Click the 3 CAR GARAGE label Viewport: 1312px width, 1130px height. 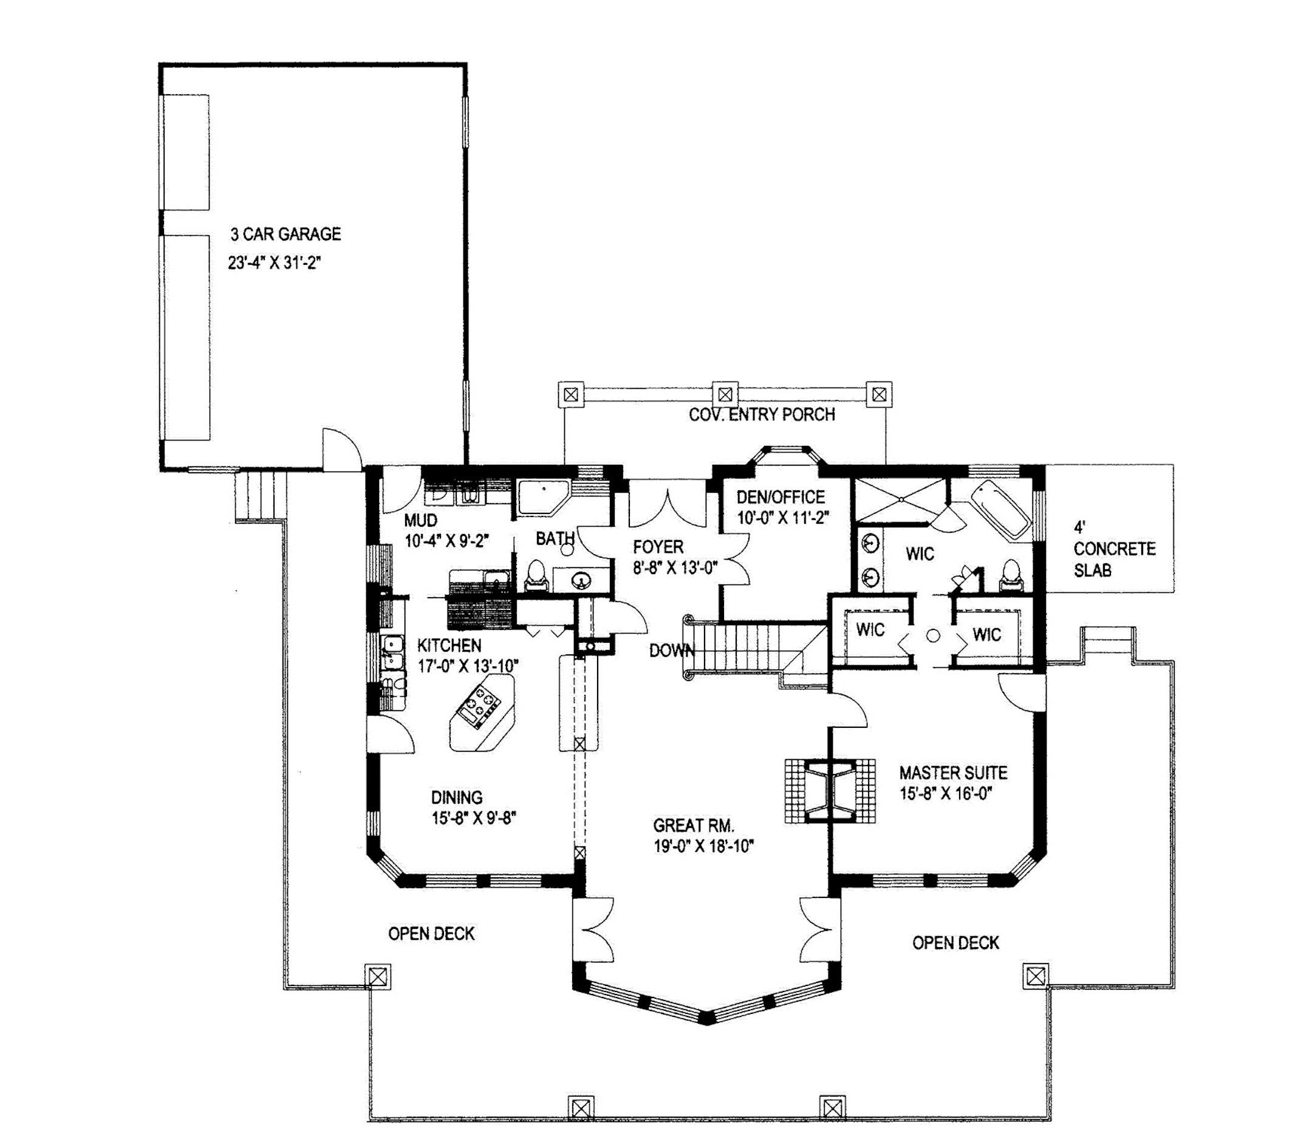point(285,235)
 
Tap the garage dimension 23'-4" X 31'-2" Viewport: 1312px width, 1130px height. point(275,262)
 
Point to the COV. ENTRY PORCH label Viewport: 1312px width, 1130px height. point(762,415)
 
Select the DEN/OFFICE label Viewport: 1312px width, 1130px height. point(781,497)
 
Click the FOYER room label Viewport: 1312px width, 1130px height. point(658,547)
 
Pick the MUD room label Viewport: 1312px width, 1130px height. point(420,521)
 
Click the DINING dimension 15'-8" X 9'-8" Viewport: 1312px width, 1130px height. point(474,818)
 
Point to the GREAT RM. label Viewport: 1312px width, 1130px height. point(694,826)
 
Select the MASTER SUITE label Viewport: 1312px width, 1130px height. point(954,773)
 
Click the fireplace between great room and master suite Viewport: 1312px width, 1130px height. point(830,790)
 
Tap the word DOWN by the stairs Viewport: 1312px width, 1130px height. point(672,651)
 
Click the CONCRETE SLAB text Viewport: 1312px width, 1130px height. point(1115,560)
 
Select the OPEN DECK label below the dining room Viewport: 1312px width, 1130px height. point(431,934)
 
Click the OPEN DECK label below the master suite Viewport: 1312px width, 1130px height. point(955,943)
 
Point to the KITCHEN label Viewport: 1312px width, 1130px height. point(449,645)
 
